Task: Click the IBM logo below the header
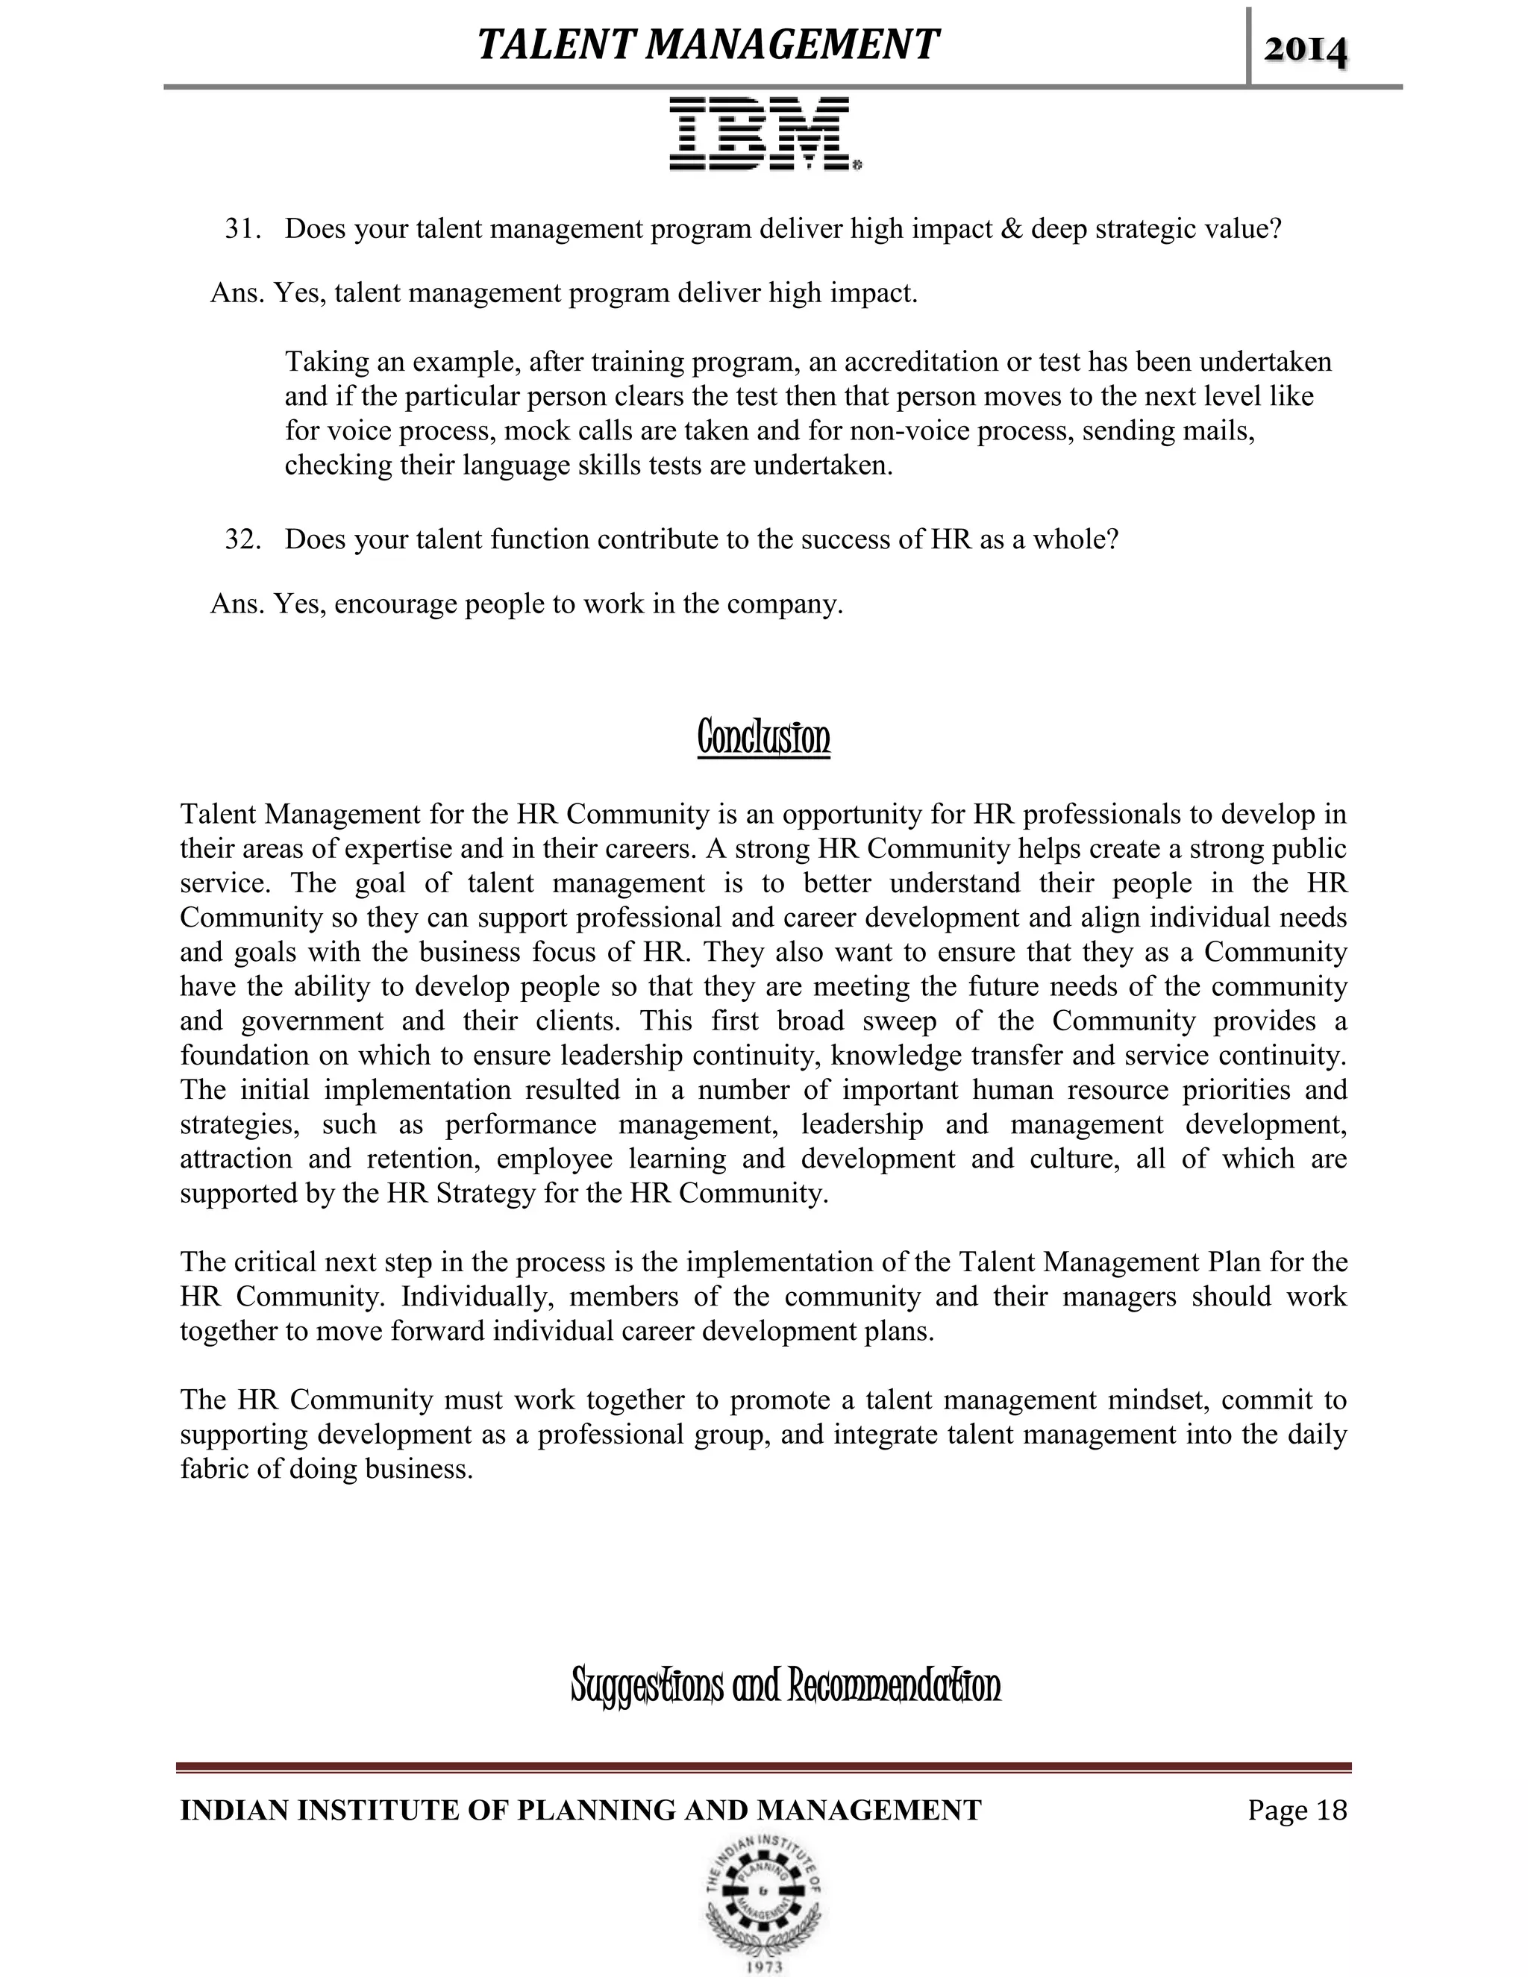pos(764,134)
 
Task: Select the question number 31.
pos(242,229)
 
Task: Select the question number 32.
pos(242,539)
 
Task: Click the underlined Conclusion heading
pos(763,738)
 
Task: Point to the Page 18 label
pos(1297,1810)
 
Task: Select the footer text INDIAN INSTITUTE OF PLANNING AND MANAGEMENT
pos(580,1810)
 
